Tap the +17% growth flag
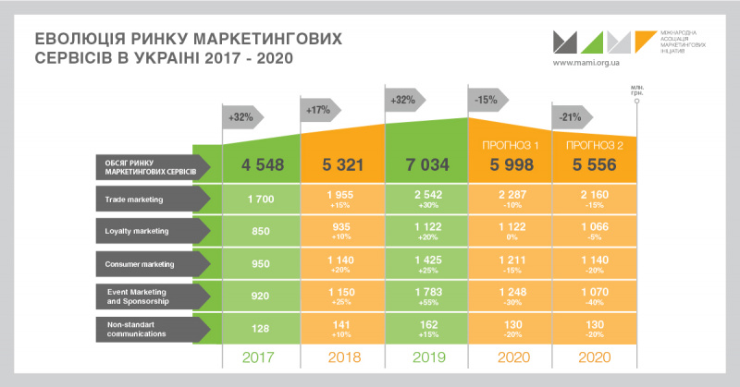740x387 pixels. point(319,111)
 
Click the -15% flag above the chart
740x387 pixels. point(485,99)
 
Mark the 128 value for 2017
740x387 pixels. point(261,327)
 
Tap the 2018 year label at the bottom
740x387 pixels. point(344,357)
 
